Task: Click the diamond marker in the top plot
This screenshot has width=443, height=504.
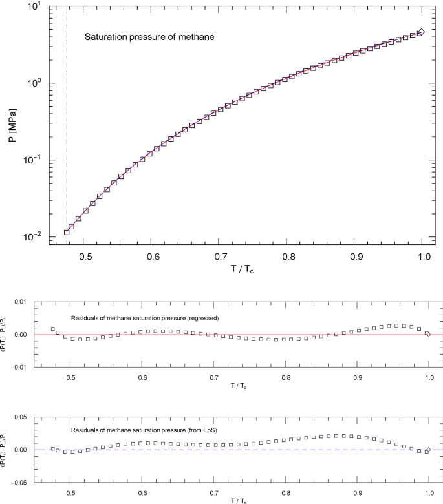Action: tap(421, 32)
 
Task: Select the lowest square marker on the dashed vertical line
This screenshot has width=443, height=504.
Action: tap(67, 232)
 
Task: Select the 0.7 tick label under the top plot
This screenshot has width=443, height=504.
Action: tap(221, 257)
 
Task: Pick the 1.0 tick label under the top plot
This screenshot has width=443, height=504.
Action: tap(424, 257)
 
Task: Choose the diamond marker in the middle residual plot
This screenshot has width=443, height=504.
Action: tap(428, 333)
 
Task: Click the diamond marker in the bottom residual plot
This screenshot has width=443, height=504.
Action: tap(428, 450)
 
